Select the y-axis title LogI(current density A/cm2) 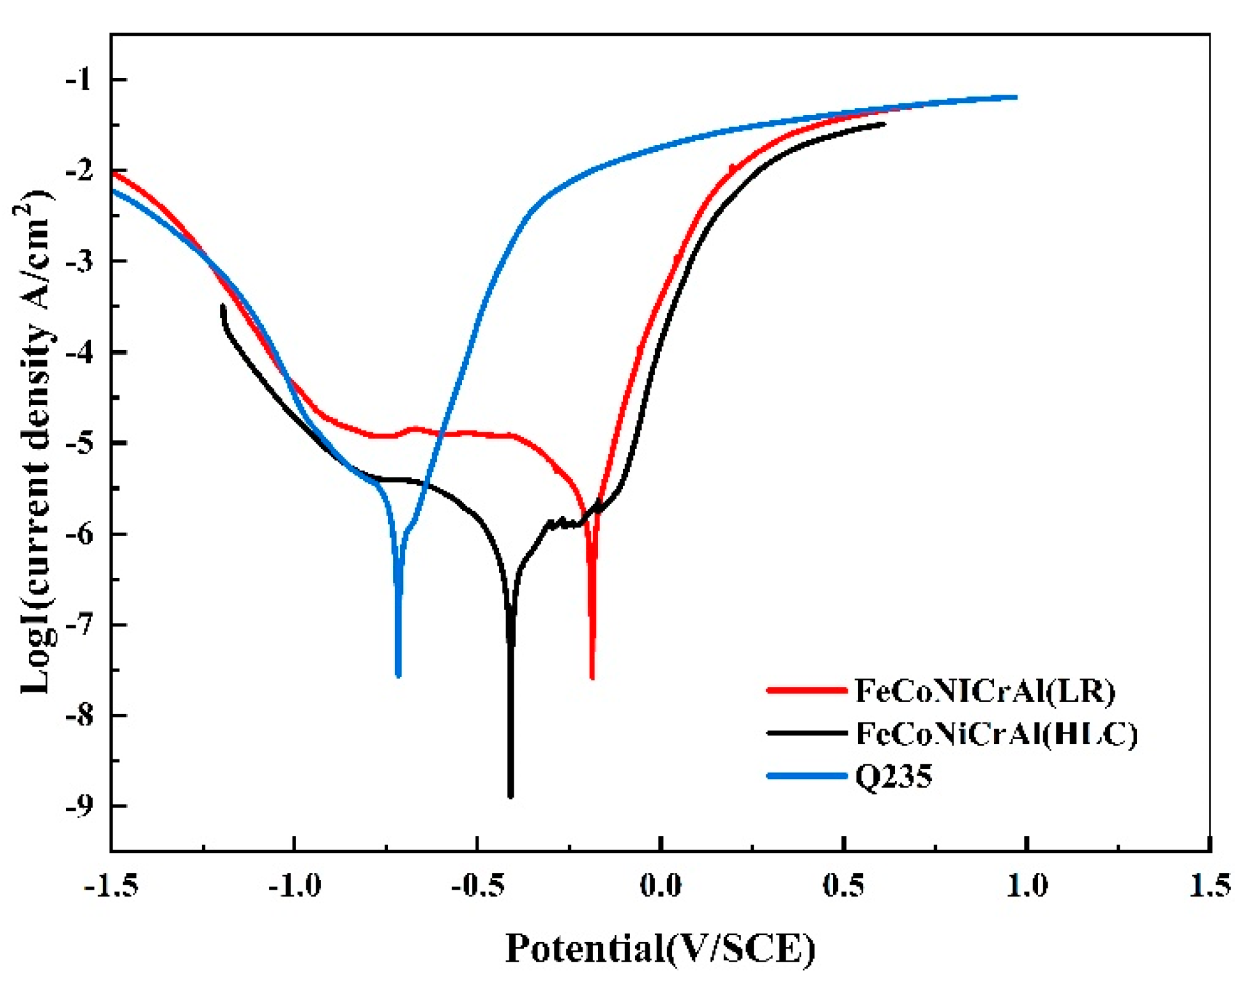tap(36, 443)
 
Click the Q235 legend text tap(894, 777)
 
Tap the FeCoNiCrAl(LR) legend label tap(984, 691)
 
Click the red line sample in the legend tap(807, 690)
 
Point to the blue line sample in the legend tap(807, 776)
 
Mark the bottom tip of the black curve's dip tap(511, 797)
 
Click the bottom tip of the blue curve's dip tap(399, 676)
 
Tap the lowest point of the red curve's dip tap(592, 678)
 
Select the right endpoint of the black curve tap(884, 124)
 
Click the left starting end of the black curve tap(223, 306)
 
